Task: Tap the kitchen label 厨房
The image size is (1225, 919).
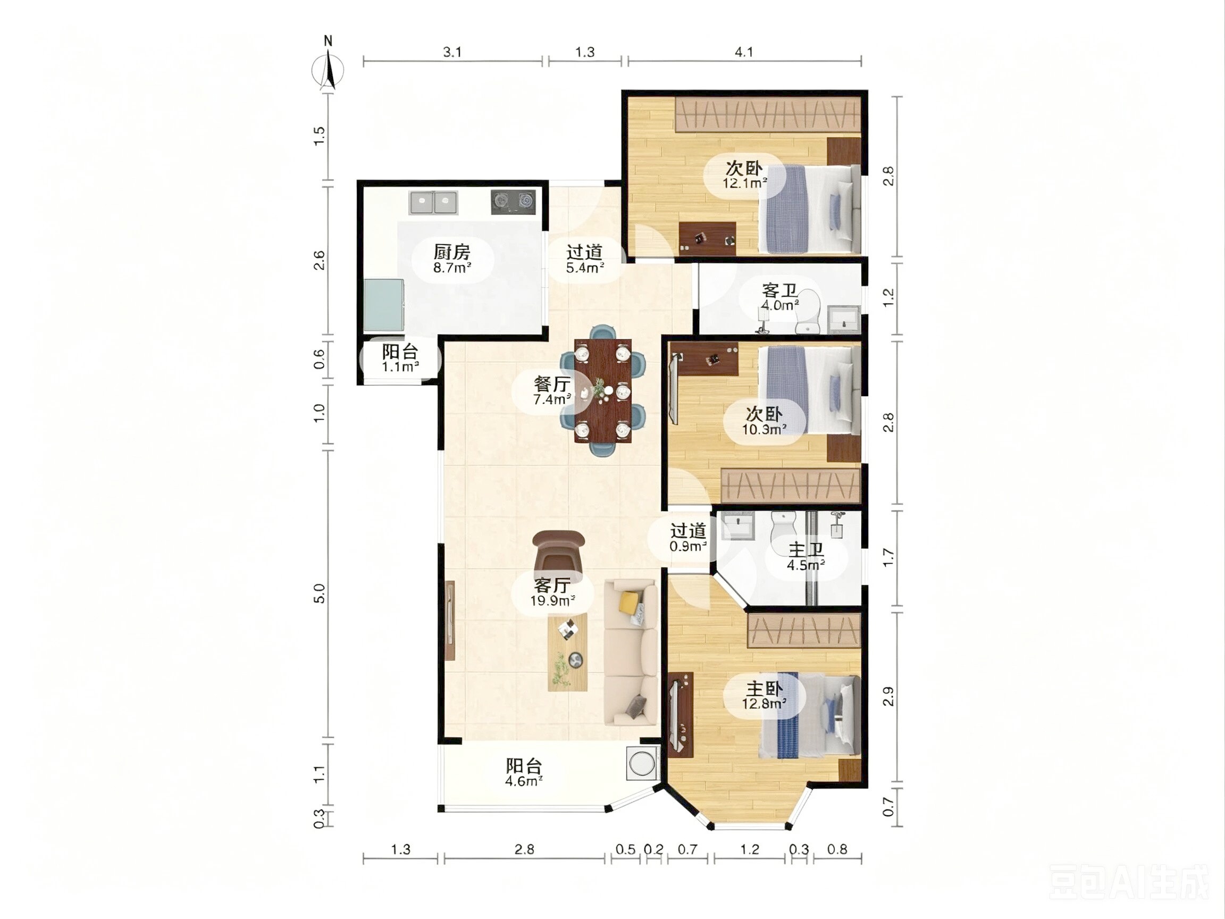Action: [452, 252]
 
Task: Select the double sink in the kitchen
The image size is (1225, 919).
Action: [434, 203]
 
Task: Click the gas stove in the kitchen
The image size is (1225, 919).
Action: [514, 202]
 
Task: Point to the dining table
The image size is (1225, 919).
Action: [603, 390]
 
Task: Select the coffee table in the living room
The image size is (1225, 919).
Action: [568, 652]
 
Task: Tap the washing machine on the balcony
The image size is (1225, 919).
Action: [643, 764]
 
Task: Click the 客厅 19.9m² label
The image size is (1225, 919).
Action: [552, 592]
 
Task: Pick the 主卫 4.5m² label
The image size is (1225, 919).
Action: [806, 557]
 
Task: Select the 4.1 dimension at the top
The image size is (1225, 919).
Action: [744, 52]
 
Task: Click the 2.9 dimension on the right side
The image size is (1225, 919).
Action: [888, 696]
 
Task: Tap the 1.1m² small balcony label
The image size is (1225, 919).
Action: [400, 367]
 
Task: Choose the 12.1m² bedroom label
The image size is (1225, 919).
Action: [745, 183]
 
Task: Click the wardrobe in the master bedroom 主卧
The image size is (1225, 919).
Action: [804, 630]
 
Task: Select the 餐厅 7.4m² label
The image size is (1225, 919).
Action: [552, 390]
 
